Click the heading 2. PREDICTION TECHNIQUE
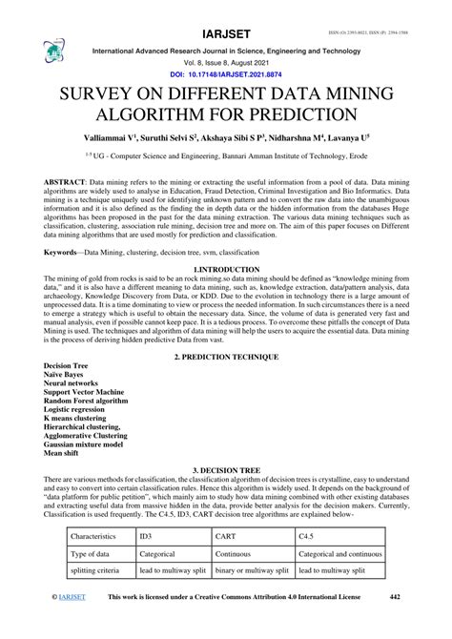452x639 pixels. (x=226, y=357)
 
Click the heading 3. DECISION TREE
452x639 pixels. (x=226, y=471)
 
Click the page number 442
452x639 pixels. (x=396, y=623)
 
